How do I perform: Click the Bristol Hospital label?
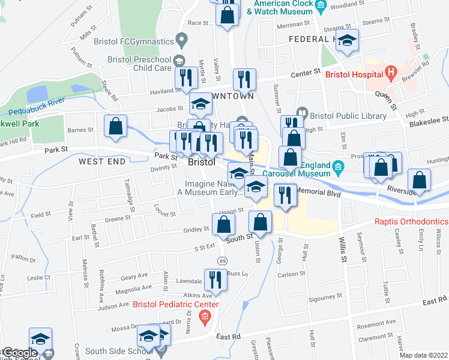point(354,74)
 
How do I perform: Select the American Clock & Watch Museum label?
point(283,7)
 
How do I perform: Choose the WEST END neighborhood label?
point(102,161)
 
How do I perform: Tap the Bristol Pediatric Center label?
point(175,305)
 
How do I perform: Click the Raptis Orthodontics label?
point(411,221)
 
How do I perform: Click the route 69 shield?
point(222,260)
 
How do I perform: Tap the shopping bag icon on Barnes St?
point(115,126)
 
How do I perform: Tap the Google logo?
point(20,353)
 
